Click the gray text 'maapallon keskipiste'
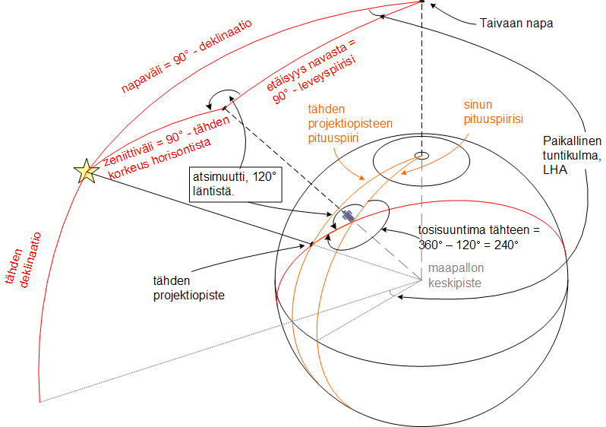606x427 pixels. pyautogui.click(x=454, y=275)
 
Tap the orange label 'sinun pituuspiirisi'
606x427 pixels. pyautogui.click(x=494, y=112)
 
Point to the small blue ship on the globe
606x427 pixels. pyautogui.click(x=347, y=216)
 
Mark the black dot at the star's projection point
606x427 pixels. pyautogui.click(x=311, y=244)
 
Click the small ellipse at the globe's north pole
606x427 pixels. pyautogui.click(x=420, y=156)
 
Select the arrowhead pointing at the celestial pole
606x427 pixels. pyautogui.click(x=434, y=7)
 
